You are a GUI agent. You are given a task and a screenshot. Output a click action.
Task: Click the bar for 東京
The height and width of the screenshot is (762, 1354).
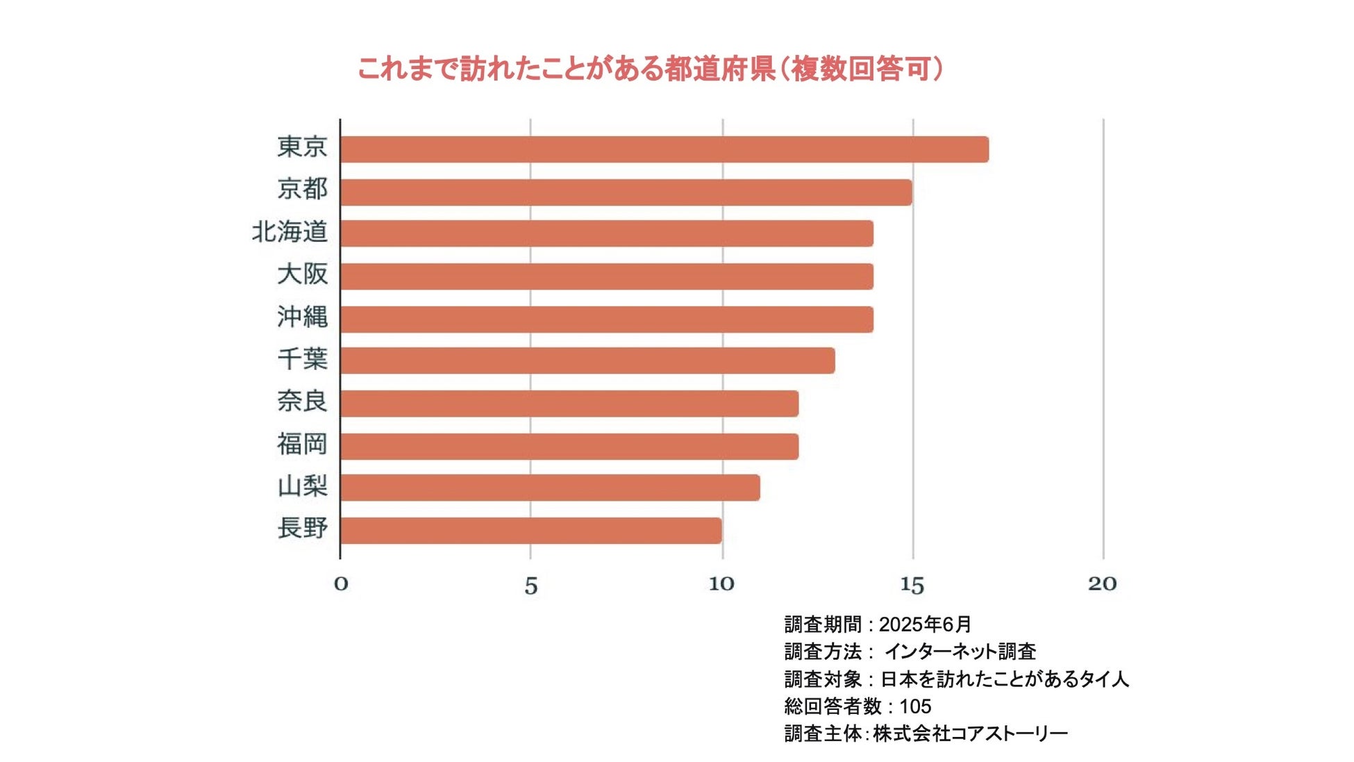click(x=664, y=149)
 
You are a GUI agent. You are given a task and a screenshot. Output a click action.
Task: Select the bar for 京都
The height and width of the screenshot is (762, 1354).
click(x=626, y=192)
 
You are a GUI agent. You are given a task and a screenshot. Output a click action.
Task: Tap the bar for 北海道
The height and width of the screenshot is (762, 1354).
click(x=606, y=233)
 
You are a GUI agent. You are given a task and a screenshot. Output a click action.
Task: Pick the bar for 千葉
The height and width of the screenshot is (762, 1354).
click(x=587, y=361)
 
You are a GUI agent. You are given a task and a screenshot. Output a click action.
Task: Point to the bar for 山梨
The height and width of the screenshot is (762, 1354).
click(x=550, y=488)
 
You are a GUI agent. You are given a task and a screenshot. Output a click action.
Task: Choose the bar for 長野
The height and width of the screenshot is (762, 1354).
click(x=530, y=530)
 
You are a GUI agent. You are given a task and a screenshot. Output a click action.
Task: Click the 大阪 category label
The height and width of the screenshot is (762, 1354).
click(x=302, y=274)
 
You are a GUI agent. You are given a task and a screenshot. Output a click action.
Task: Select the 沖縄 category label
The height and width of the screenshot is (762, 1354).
click(x=302, y=316)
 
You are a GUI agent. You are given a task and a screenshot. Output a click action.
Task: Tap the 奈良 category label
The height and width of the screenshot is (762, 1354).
click(x=302, y=401)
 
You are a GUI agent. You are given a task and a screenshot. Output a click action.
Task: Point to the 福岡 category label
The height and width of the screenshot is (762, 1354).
click(x=302, y=443)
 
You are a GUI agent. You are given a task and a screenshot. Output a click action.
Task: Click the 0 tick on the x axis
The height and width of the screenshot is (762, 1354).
click(x=340, y=583)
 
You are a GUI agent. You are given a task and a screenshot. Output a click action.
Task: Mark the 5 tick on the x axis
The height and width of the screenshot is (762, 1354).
click(x=531, y=586)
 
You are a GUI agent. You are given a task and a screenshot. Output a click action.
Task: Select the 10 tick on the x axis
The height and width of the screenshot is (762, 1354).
click(x=721, y=583)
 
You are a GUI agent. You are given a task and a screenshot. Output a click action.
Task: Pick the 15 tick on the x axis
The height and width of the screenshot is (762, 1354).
click(x=912, y=585)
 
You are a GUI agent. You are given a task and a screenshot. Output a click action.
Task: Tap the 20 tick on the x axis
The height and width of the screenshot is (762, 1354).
click(x=1102, y=583)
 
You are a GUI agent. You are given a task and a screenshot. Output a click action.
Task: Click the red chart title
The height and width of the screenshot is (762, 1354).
click(x=650, y=69)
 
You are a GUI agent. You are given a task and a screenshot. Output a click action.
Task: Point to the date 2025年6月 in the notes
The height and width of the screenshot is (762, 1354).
click(x=925, y=624)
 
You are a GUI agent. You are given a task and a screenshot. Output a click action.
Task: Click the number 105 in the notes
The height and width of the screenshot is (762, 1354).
click(x=915, y=706)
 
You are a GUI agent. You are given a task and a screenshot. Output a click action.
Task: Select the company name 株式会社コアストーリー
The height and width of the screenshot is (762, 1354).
click(x=970, y=734)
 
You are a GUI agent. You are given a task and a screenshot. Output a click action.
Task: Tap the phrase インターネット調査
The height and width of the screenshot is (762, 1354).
click(x=960, y=652)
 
